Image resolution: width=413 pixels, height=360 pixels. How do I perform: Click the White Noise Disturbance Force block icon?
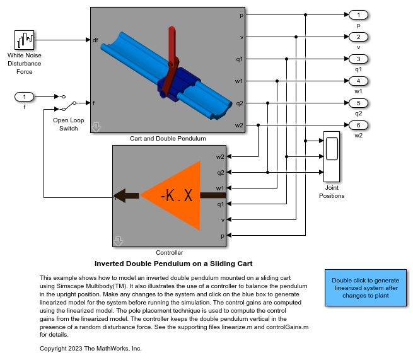(x=25, y=40)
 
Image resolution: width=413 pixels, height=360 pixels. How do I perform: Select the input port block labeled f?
(x=25, y=96)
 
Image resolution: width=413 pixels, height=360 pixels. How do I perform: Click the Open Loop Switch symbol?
(x=69, y=102)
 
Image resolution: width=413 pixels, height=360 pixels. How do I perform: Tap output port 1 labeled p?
(x=358, y=15)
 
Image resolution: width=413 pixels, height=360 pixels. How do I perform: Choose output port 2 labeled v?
(x=358, y=37)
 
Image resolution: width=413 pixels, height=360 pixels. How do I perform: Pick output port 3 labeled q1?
(x=358, y=59)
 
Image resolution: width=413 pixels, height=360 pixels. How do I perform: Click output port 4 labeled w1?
(x=358, y=81)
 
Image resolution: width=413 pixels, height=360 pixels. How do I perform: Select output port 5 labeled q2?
(x=358, y=103)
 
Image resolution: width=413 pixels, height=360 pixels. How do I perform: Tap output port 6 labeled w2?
(x=358, y=125)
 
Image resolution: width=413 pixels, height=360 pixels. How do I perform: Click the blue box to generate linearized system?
(x=365, y=288)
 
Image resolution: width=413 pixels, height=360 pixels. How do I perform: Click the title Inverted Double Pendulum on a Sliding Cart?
(x=173, y=264)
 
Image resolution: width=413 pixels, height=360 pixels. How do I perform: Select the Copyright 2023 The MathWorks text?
(x=91, y=348)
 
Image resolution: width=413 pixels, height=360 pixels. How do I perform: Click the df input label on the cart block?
(x=95, y=40)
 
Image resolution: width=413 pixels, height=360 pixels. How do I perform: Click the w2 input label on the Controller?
(x=220, y=156)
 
